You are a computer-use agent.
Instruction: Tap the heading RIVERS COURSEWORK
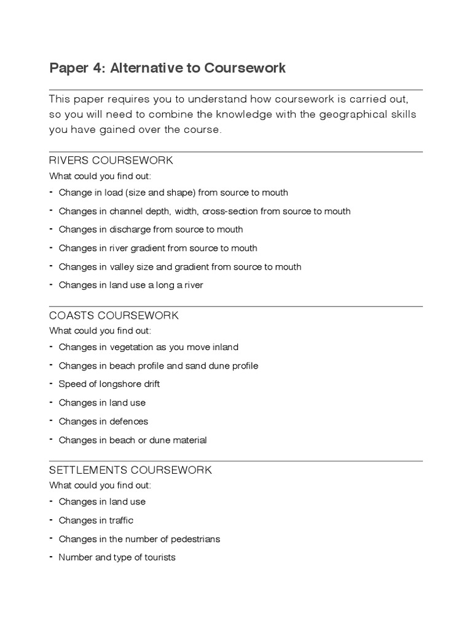[x=111, y=161]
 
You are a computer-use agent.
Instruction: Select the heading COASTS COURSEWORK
[x=114, y=316]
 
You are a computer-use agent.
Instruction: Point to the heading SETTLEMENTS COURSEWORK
[x=130, y=470]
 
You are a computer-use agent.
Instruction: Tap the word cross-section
[x=230, y=211]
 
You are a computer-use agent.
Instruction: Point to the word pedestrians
[x=191, y=539]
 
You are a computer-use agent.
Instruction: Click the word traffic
[x=121, y=520]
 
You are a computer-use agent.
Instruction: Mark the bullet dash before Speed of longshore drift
[x=52, y=383]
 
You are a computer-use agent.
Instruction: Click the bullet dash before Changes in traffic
[x=52, y=520]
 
